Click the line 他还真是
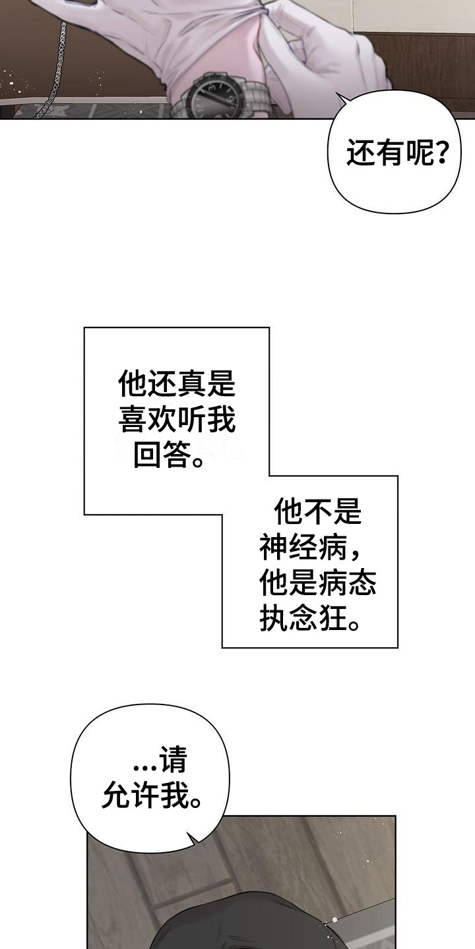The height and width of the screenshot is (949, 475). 177,382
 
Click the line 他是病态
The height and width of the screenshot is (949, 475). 317,583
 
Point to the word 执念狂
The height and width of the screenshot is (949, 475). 300,619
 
